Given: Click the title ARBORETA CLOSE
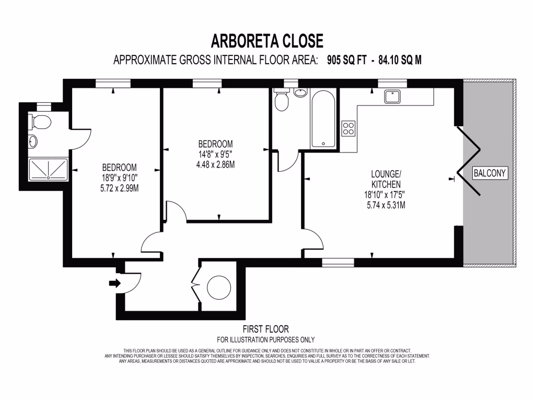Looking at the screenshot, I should click(x=267, y=41).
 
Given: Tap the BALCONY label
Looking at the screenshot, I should click(x=490, y=173).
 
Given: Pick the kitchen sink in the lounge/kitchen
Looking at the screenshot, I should click(x=392, y=97).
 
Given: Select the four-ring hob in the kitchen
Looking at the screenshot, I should click(x=348, y=128).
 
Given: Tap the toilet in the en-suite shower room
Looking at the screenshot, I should click(x=40, y=122).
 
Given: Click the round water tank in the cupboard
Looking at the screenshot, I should click(x=219, y=287).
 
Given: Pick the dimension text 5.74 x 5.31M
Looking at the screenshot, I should click(x=386, y=205).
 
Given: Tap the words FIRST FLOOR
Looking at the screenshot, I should click(x=265, y=329).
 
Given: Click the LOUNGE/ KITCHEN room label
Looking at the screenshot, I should click(x=386, y=179).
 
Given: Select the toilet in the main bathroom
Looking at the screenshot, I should click(x=282, y=101).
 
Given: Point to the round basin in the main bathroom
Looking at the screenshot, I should click(x=300, y=93).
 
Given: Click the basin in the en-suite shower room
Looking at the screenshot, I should click(x=33, y=141).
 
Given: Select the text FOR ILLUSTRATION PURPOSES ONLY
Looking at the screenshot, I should click(x=265, y=339).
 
